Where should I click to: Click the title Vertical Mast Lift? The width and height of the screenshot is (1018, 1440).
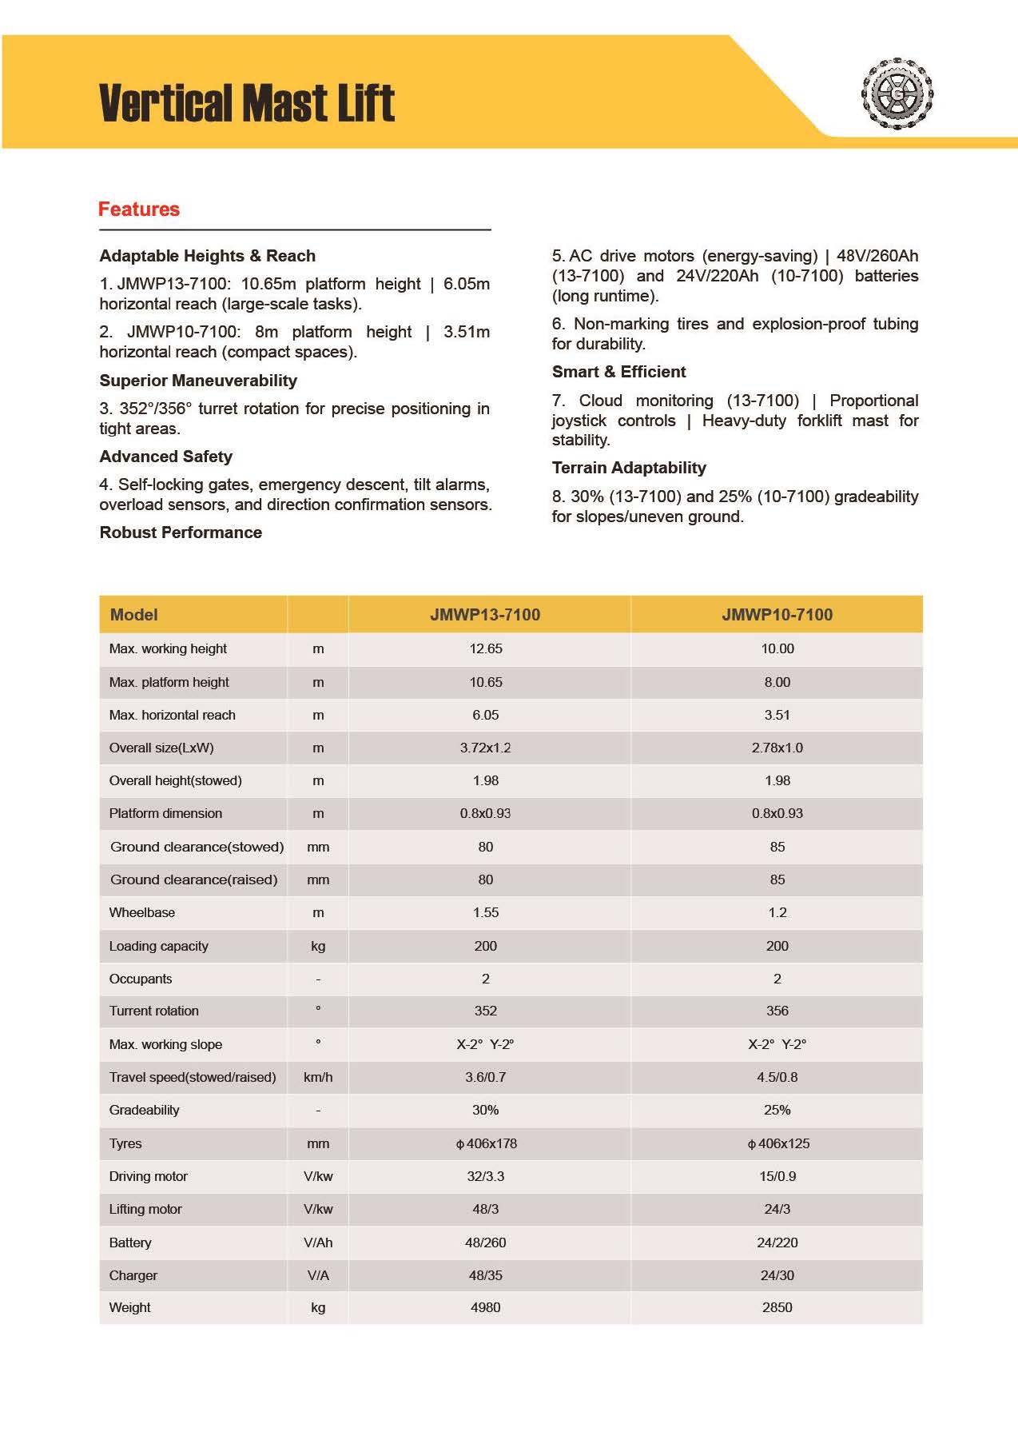[247, 103]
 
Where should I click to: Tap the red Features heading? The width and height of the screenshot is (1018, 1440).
[139, 209]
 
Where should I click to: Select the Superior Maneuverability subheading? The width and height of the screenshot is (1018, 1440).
[198, 381]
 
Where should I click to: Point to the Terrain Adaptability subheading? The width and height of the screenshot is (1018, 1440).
[629, 468]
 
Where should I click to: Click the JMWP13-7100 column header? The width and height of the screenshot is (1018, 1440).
[485, 615]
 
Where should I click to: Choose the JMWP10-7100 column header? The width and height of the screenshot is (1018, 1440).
[777, 615]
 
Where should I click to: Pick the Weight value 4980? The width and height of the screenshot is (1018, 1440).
[485, 1307]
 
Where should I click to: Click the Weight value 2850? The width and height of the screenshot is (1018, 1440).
[777, 1307]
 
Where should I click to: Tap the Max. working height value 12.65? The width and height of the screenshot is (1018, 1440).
[485, 648]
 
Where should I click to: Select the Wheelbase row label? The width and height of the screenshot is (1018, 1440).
[142, 912]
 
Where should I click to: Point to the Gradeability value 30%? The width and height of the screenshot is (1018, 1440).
[485, 1110]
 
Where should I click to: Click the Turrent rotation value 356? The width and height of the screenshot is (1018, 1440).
[777, 1011]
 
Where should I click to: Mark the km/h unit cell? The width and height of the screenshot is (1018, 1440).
[318, 1077]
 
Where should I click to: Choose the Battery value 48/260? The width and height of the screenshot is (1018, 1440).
[485, 1243]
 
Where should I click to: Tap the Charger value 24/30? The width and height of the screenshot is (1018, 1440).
[777, 1275]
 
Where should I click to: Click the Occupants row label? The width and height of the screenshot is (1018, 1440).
[141, 979]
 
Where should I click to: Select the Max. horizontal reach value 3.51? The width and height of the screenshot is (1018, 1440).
[777, 715]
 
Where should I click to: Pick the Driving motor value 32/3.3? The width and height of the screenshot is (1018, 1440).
[485, 1176]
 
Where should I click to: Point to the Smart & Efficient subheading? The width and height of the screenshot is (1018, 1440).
[618, 372]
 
